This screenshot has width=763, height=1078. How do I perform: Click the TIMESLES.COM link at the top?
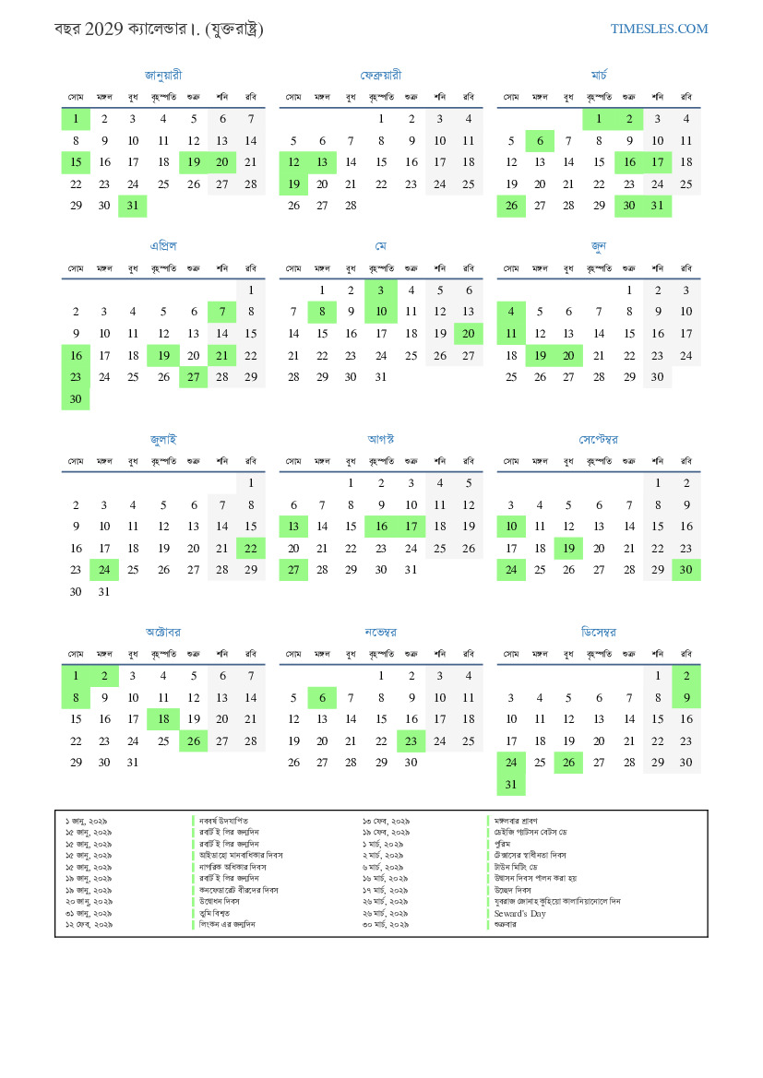[659, 29]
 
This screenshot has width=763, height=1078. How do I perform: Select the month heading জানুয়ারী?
[163, 75]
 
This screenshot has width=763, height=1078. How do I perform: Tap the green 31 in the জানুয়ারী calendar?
[133, 206]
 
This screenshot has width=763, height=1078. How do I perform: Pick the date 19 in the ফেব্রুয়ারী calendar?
[293, 184]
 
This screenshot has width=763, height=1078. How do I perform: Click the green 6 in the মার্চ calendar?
[540, 141]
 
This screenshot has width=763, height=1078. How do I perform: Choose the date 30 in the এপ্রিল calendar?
[76, 399]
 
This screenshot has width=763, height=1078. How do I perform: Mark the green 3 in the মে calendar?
[381, 290]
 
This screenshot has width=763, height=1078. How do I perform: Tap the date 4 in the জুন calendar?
[511, 312]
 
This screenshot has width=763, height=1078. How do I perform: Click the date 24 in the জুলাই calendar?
[104, 570]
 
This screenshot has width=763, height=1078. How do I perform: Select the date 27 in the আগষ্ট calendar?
[293, 570]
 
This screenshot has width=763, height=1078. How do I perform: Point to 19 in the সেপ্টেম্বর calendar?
[568, 548]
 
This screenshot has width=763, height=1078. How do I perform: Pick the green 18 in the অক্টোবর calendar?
[163, 718]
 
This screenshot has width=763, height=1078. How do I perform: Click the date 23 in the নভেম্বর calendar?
[411, 740]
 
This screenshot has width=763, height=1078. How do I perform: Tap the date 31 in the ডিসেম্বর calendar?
[511, 785]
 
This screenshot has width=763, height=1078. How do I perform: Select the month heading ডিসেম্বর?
[599, 633]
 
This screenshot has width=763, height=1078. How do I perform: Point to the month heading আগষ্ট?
[381, 439]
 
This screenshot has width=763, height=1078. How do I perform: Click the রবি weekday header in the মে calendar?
[469, 268]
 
